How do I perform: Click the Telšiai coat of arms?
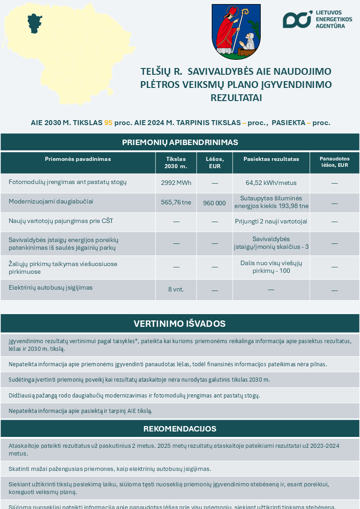pos(236,32)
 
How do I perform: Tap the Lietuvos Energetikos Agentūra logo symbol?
pos(297,19)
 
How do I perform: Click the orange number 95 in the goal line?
pos(108,123)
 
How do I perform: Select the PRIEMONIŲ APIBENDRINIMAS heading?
pos(180,142)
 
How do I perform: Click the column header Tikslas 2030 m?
pos(176,163)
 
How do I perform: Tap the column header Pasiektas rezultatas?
pos(271,159)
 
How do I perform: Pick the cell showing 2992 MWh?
pos(176,183)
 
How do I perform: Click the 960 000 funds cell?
pos(214,203)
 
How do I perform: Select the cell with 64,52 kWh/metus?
pos(271,183)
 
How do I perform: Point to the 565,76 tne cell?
pos(176,202)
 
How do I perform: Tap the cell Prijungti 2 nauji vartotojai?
pos(271,222)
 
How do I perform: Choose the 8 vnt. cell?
pos(176,290)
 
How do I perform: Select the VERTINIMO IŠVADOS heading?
pos(180,324)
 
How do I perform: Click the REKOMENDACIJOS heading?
pos(180,429)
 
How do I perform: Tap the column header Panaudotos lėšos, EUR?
pos(335,162)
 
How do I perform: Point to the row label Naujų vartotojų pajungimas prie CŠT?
pos(61,221)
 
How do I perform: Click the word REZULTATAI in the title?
pos(236,97)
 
